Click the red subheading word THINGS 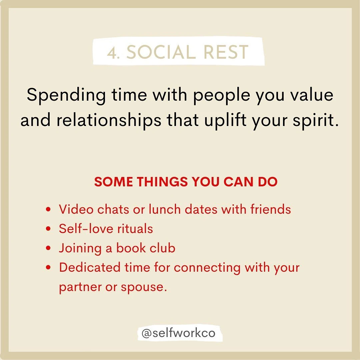(x=162, y=182)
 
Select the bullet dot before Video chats (x=49, y=210)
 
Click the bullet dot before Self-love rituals (x=49, y=229)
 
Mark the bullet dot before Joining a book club (x=49, y=248)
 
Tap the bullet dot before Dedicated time (x=49, y=267)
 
